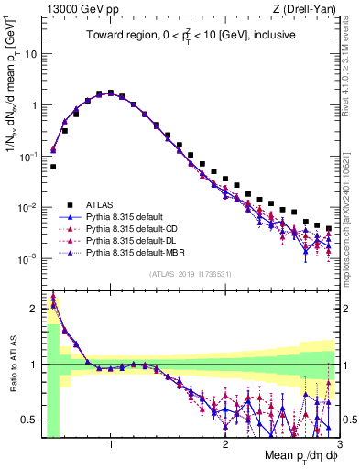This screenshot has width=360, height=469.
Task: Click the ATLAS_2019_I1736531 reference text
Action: point(189,274)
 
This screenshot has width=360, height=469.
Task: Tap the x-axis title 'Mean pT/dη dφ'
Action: point(292,456)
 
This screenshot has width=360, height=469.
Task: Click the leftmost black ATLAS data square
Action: point(53,167)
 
